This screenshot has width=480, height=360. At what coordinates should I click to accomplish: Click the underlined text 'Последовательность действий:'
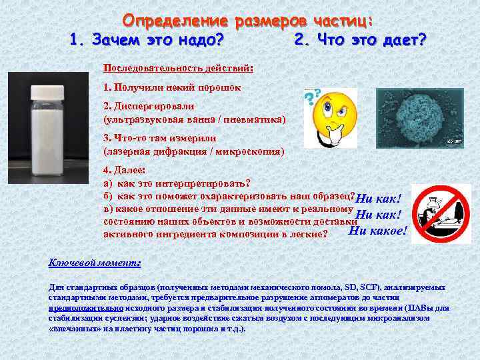click(178, 68)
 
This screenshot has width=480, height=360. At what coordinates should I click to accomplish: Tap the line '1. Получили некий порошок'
click(173, 87)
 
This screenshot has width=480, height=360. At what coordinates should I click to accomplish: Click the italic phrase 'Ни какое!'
click(378, 231)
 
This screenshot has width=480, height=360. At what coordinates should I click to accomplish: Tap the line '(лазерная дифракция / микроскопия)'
click(193, 151)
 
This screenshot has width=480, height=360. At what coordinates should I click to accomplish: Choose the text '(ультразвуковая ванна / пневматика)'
click(194, 119)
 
